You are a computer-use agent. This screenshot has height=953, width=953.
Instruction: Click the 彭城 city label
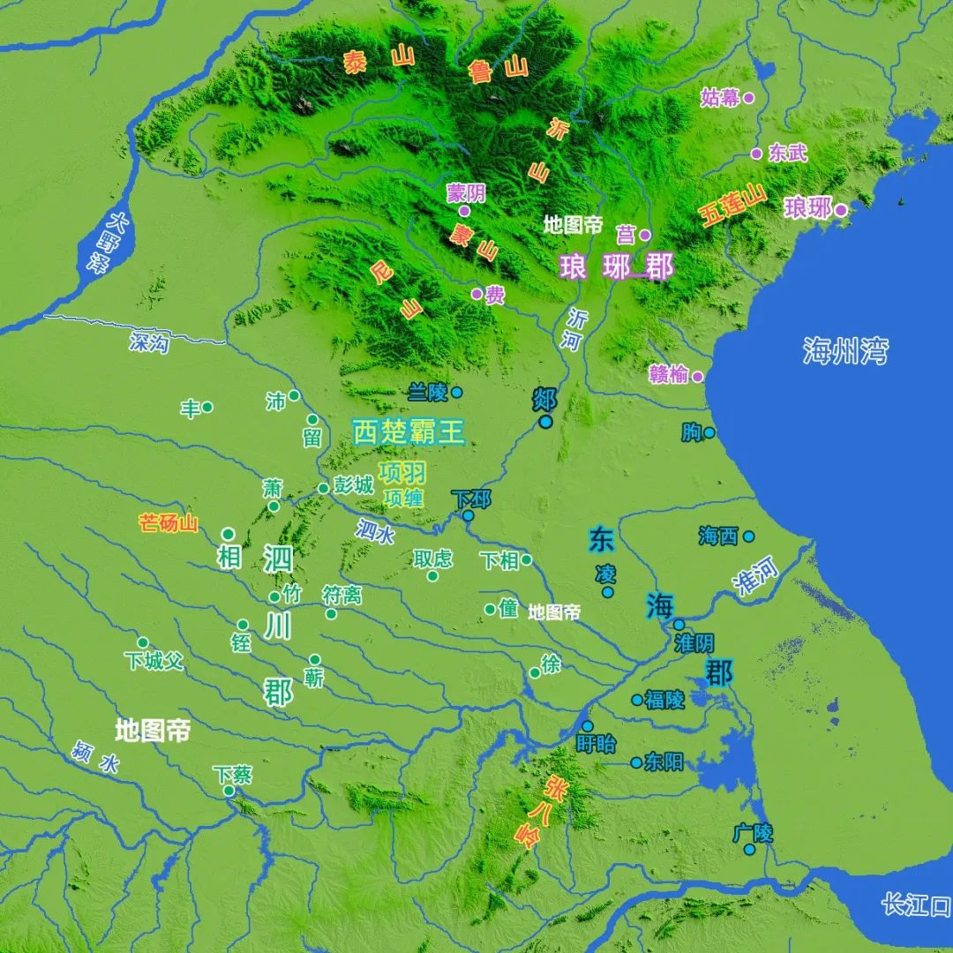353,486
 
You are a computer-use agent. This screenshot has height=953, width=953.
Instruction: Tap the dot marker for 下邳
468,516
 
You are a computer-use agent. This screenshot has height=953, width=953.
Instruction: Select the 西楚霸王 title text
408,431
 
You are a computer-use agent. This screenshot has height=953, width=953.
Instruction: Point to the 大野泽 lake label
110,242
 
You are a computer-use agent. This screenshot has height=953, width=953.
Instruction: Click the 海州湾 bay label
844,350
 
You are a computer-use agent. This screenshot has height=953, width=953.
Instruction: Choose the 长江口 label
915,904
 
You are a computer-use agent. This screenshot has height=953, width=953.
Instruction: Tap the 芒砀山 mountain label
169,523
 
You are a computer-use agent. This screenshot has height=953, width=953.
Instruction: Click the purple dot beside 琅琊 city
841,210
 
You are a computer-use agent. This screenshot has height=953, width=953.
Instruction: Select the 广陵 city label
753,832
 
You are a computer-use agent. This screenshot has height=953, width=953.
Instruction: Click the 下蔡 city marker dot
229,791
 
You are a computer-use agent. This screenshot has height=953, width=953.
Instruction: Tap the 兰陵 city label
429,392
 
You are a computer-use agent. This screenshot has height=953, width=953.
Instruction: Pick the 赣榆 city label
667,374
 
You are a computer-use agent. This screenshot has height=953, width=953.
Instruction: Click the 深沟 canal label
147,343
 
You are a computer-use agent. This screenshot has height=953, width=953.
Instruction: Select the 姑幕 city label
720,97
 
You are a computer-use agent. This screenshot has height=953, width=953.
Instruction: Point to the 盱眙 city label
596,743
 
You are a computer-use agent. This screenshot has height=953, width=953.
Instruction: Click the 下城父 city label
154,660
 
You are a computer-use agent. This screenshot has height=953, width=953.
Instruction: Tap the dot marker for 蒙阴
464,211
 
